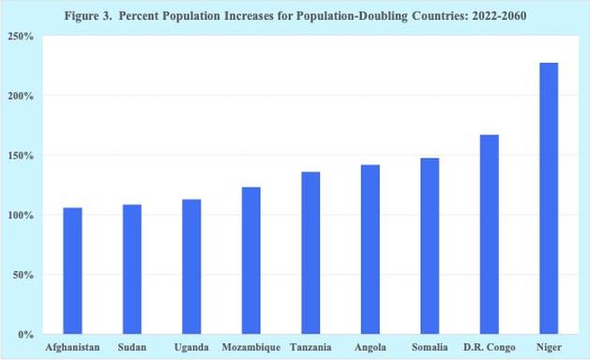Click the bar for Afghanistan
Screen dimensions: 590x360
(x=72, y=271)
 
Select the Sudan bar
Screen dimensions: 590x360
(x=132, y=269)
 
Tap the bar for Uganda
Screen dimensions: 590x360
(x=191, y=266)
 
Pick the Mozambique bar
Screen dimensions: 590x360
(x=251, y=261)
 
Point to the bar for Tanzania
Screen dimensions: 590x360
(x=310, y=253)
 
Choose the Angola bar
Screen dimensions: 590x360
(x=371, y=249)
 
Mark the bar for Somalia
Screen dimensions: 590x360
(x=430, y=246)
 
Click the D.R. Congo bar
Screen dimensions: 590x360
(x=490, y=234)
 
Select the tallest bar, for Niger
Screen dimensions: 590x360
(x=549, y=198)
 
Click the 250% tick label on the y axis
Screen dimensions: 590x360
(x=21, y=37)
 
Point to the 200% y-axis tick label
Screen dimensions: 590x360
(x=21, y=97)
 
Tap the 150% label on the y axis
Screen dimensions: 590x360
(x=21, y=156)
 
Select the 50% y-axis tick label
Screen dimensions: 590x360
(x=23, y=275)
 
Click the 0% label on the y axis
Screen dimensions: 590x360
(x=26, y=335)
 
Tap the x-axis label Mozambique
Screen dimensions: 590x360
(x=251, y=347)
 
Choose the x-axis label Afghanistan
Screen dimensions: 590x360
(x=72, y=347)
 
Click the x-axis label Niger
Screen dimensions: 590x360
(x=549, y=347)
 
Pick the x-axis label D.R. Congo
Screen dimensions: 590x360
(x=490, y=347)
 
